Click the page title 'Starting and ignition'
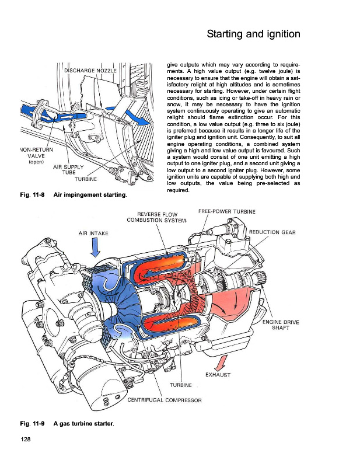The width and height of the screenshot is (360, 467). pyautogui.click(x=253, y=34)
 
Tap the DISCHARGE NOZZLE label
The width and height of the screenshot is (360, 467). pyautogui.click(x=90, y=71)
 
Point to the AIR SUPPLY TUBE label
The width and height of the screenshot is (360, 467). pyautogui.click(x=68, y=169)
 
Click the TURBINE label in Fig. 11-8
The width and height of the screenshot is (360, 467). pyautogui.click(x=86, y=179)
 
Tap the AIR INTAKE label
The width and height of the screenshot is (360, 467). pyautogui.click(x=93, y=233)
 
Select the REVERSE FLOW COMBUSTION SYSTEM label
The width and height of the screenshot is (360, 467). pyautogui.click(x=156, y=217)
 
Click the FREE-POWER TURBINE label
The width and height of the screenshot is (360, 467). pyautogui.click(x=227, y=211)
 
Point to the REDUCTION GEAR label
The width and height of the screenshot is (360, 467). pyautogui.click(x=272, y=232)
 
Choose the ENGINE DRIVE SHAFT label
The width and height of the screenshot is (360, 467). pyautogui.click(x=281, y=325)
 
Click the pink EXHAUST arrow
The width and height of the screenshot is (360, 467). pyautogui.click(x=221, y=363)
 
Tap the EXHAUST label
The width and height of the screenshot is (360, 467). pyautogui.click(x=218, y=375)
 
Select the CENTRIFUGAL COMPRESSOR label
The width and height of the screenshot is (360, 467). pyautogui.click(x=165, y=400)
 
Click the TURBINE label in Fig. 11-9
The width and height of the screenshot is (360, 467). pyautogui.click(x=181, y=385)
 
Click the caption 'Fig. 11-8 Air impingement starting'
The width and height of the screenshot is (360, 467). pyautogui.click(x=74, y=195)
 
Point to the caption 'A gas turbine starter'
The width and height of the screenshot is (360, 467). pyautogui.click(x=83, y=423)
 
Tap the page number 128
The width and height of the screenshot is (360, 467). pyautogui.click(x=26, y=439)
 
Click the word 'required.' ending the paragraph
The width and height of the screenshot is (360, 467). pyautogui.click(x=178, y=190)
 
